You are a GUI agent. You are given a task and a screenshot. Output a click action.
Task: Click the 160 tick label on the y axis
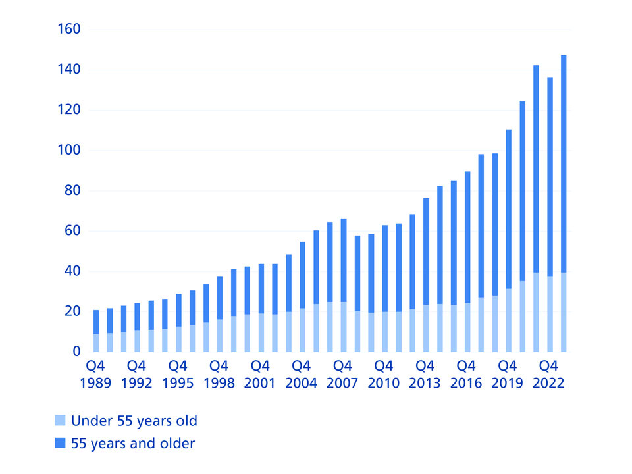pos(68,30)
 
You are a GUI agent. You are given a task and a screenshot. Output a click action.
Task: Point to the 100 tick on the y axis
pos(68,151)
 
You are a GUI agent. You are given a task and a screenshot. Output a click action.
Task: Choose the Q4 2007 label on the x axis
pos(343,374)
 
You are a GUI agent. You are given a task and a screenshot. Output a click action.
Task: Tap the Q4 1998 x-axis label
pos(219,374)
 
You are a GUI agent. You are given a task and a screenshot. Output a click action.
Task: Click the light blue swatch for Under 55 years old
pos(60,421)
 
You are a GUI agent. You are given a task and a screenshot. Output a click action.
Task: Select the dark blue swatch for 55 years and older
pos(60,444)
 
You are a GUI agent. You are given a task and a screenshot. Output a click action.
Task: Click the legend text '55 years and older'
pos(133,444)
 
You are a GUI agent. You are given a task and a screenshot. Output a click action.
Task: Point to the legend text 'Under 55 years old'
pos(134,421)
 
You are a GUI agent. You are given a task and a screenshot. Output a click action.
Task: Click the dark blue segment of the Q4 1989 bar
pos(96,322)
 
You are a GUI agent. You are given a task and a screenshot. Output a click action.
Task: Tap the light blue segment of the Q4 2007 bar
pos(344,327)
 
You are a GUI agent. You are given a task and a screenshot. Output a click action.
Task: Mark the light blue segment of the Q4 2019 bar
pos(508,320)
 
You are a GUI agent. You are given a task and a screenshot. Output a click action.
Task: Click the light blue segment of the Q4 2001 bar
pos(261,332)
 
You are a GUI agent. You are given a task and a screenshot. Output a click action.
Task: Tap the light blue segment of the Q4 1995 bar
pos(178,339)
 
